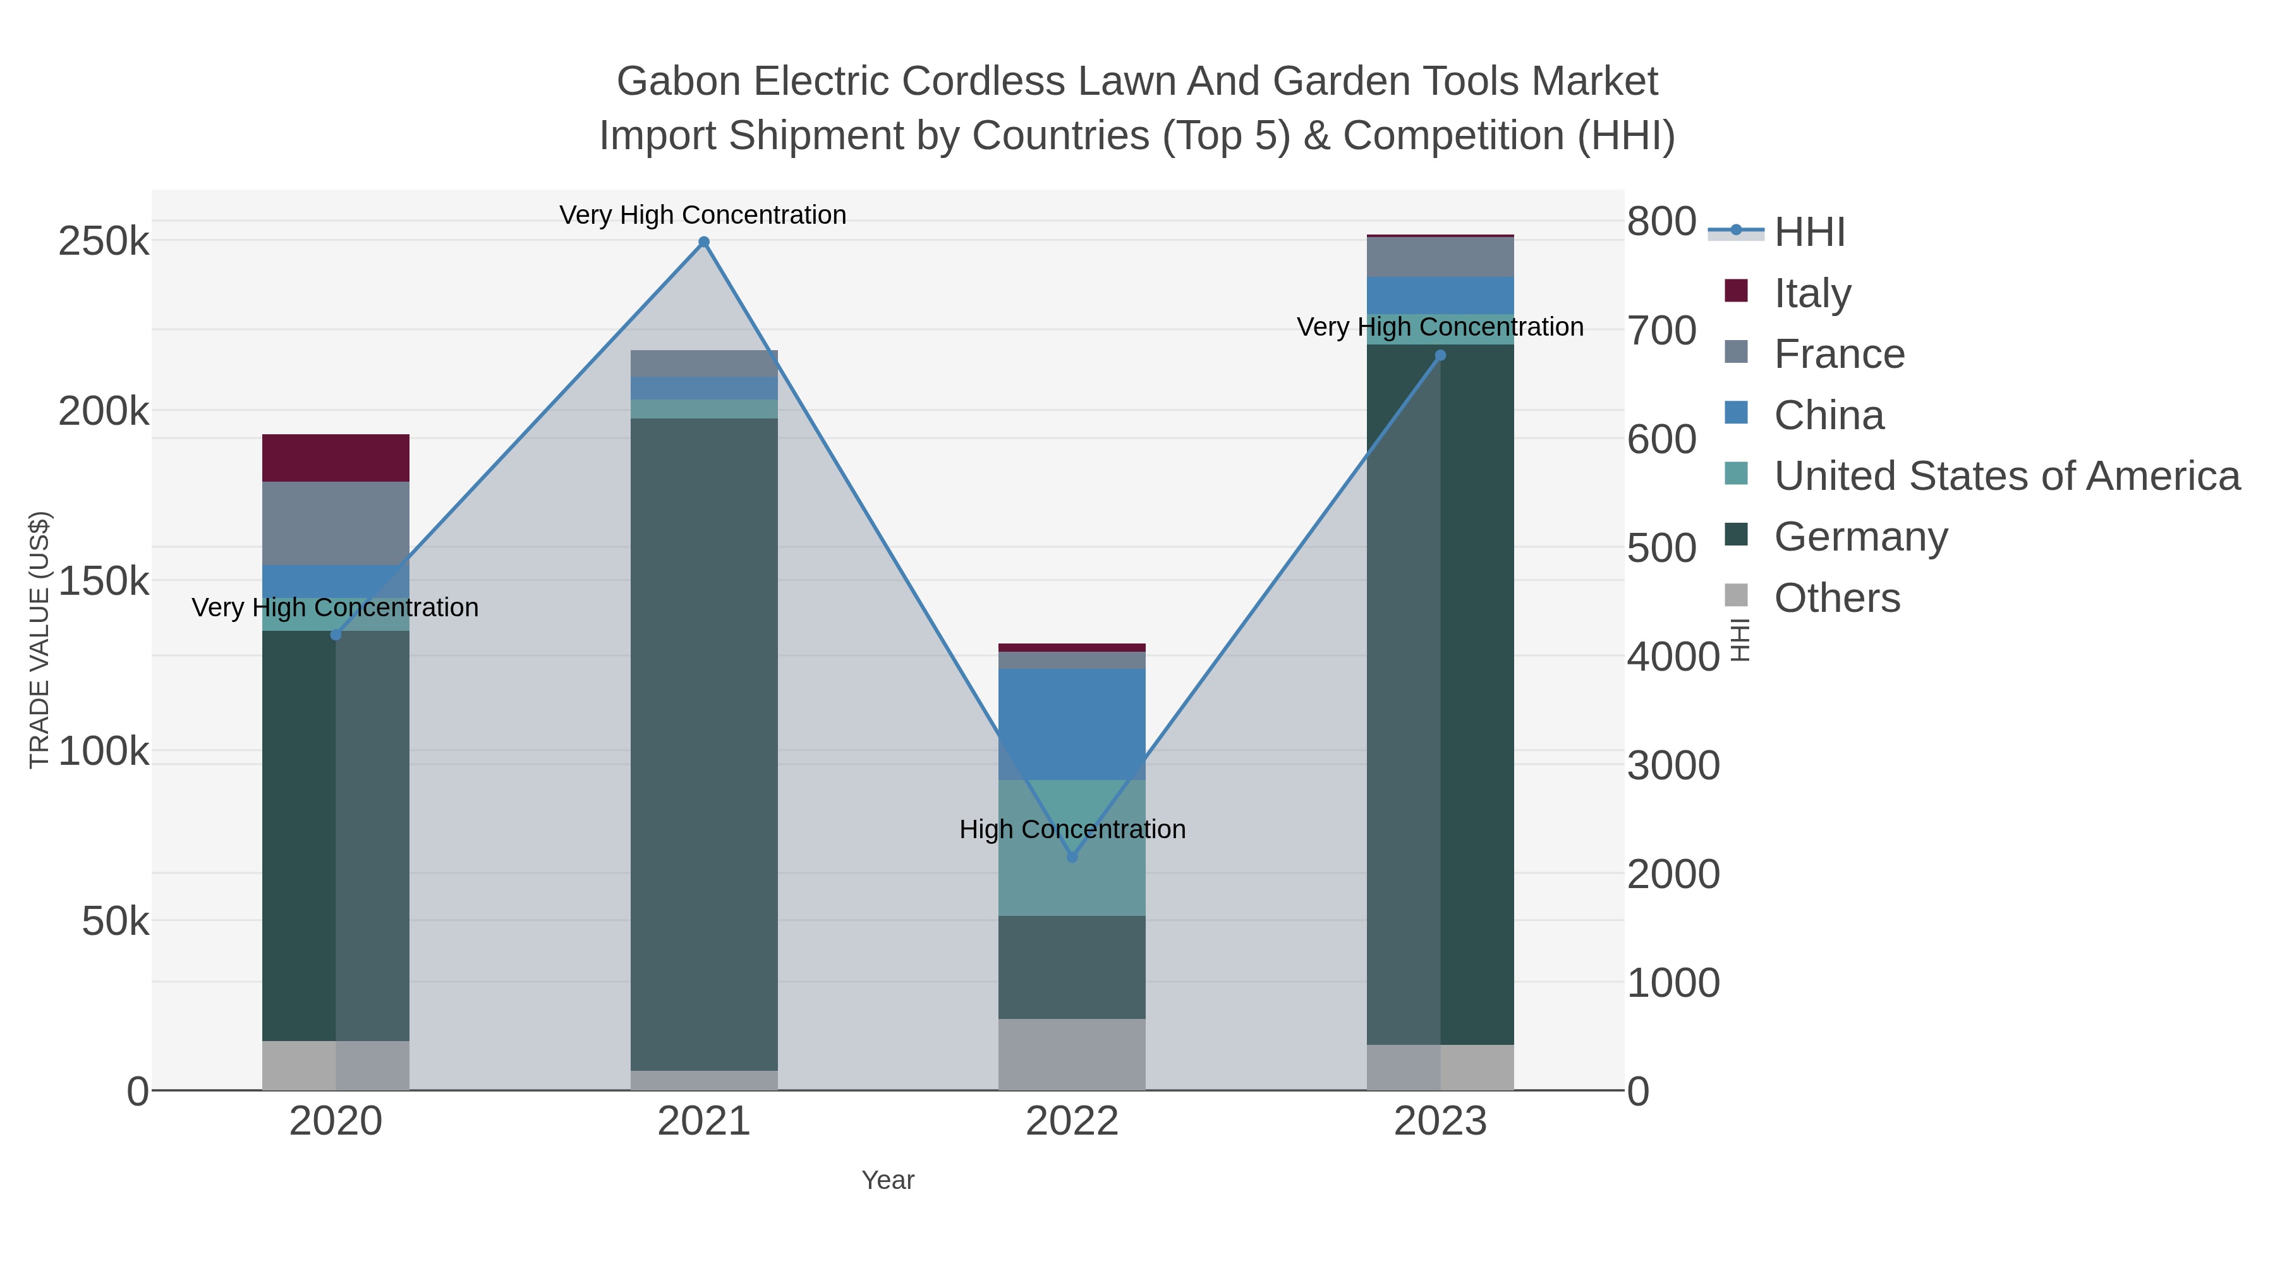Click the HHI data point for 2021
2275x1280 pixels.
704,242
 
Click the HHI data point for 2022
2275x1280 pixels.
1072,857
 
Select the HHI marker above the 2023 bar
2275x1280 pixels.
1440,356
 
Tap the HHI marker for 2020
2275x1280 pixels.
336,634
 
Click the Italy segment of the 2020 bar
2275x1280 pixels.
336,458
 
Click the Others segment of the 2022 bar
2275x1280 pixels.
1072,1054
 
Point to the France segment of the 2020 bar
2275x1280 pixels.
336,523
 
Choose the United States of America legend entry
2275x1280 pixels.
2006,476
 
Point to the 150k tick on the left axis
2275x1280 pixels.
104,582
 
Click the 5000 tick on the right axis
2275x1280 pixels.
1662,549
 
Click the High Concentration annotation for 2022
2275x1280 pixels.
1072,829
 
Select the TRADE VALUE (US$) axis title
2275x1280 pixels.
40,640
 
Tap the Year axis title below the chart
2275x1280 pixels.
888,1180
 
